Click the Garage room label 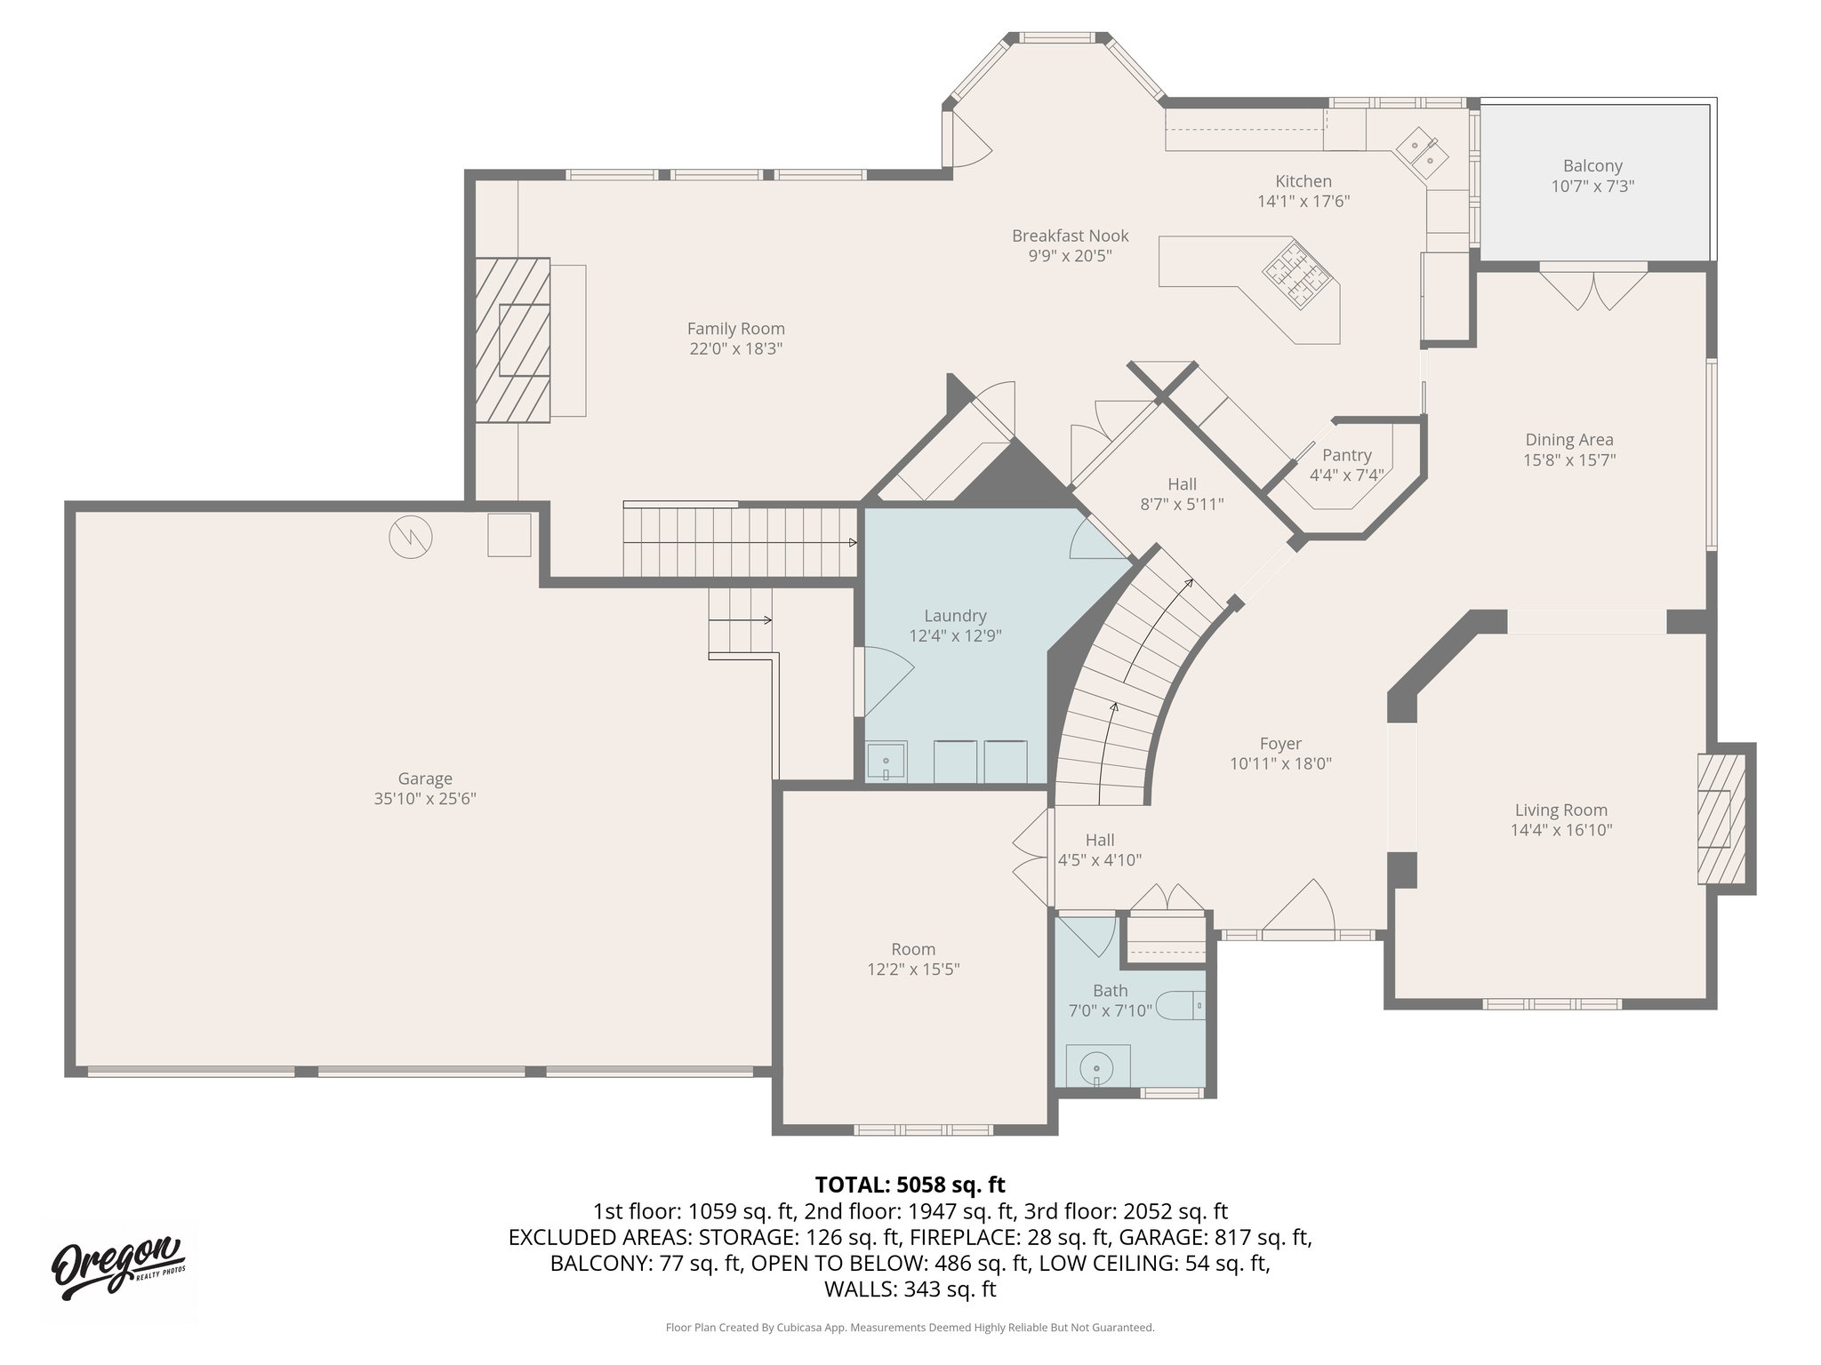(x=425, y=779)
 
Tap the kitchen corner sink (x=1421, y=152)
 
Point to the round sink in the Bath (x=1098, y=1066)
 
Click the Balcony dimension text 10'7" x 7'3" (x=1592, y=187)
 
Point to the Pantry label (x=1346, y=456)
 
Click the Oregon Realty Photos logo (x=118, y=1266)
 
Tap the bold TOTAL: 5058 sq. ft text (x=910, y=1185)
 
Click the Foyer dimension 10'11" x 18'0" (x=1280, y=763)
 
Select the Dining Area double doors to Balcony (x=1593, y=287)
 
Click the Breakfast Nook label (x=1070, y=235)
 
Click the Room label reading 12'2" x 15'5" (x=913, y=969)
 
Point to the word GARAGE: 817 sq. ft (x=1215, y=1237)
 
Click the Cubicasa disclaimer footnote (x=910, y=1328)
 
